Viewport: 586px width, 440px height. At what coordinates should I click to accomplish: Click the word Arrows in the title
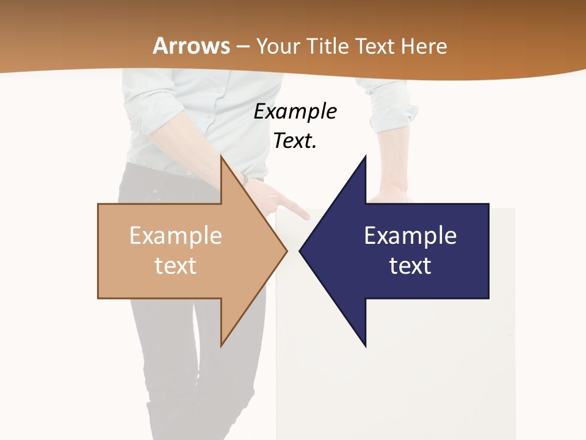191,46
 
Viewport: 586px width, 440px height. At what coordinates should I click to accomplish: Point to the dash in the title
242,46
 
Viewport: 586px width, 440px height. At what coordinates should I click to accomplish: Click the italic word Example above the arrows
295,111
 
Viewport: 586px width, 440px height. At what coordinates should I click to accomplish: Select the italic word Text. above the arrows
295,141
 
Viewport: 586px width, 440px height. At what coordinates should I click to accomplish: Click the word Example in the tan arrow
176,235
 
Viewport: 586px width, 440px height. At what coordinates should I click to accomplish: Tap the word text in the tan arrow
176,265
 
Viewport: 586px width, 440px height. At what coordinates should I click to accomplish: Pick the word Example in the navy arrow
410,235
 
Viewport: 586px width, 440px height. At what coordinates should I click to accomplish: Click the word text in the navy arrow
410,265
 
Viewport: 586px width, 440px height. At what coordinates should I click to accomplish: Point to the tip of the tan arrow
286,251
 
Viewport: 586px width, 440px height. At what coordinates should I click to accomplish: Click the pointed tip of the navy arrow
300,251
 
